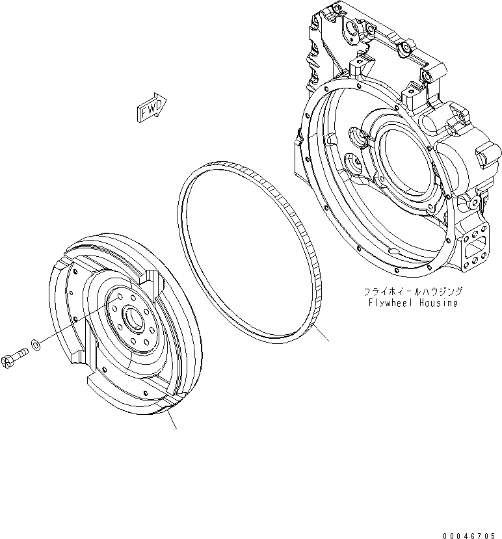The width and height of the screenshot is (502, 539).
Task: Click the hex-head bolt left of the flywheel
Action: (17, 357)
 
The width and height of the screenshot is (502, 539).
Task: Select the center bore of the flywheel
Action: (132, 319)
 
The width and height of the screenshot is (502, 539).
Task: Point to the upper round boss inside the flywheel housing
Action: (358, 137)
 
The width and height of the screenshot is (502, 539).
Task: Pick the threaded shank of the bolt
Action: (21, 354)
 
